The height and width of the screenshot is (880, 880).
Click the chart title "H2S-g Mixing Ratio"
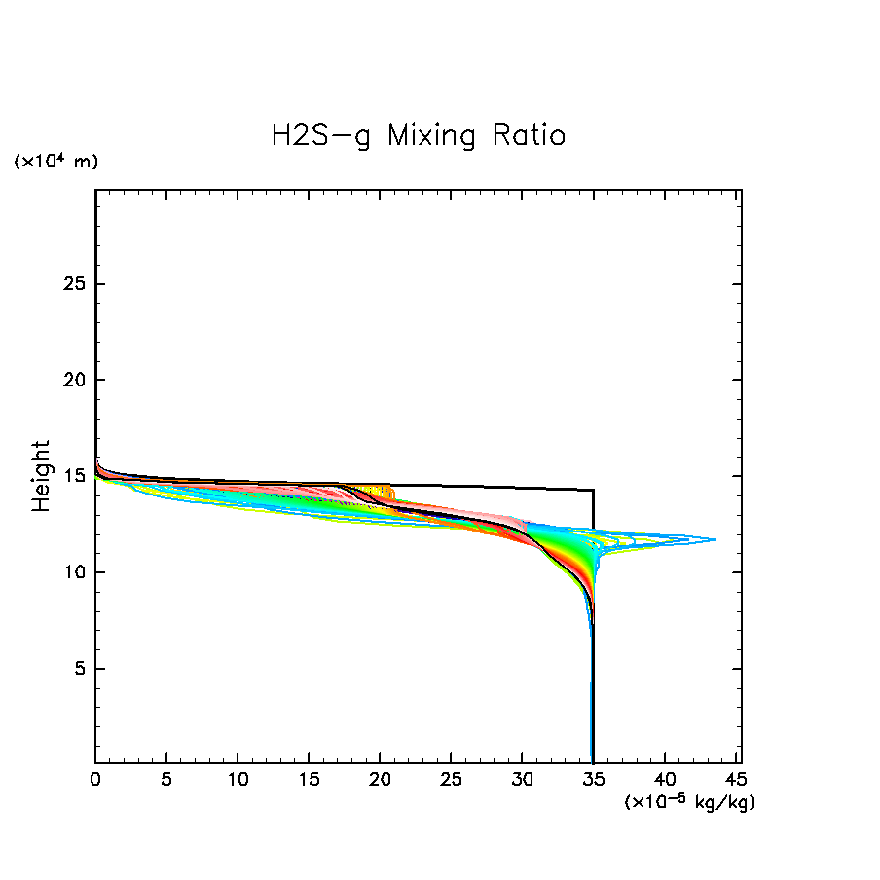pos(418,135)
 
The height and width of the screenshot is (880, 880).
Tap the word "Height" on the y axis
pos(41,476)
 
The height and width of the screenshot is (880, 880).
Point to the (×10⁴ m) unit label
pos(55,162)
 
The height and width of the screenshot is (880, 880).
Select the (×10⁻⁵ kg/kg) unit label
pos(689,801)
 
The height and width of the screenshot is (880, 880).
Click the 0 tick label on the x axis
pos(95,781)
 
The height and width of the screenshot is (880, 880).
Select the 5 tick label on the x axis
pos(166,781)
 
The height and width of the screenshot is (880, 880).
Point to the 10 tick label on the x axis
pos(238,781)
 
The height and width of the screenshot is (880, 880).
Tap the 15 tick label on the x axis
pos(309,781)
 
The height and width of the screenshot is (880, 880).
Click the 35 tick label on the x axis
pos(594,781)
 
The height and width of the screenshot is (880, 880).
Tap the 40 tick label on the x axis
pos(665,781)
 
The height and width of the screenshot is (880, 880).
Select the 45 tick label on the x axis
pos(736,781)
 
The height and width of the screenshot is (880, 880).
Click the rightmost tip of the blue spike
pos(716,539)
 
